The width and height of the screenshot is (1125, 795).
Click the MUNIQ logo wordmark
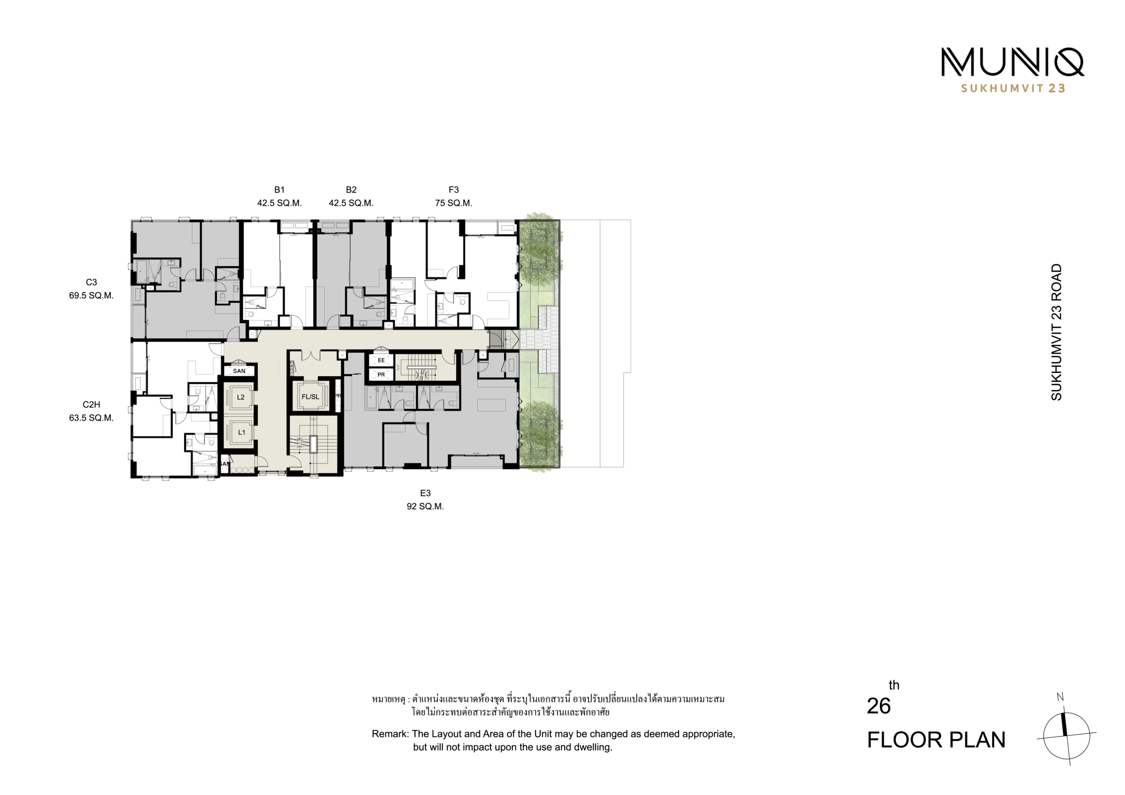pyautogui.click(x=1012, y=62)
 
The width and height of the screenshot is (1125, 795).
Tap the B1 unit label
pyautogui.click(x=279, y=190)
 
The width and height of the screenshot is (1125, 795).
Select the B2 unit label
pyautogui.click(x=351, y=190)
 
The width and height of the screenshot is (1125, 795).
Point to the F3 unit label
pyautogui.click(x=454, y=190)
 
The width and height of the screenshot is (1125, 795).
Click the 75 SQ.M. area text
pyautogui.click(x=454, y=203)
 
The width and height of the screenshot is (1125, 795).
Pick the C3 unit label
pyautogui.click(x=91, y=282)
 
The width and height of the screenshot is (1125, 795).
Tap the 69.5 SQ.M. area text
pyautogui.click(x=91, y=295)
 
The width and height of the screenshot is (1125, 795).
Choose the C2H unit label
pyautogui.click(x=91, y=405)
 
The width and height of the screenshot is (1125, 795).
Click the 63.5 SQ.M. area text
pyautogui.click(x=91, y=418)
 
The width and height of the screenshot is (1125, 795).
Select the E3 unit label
pyautogui.click(x=425, y=493)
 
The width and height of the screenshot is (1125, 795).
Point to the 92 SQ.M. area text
pyautogui.click(x=425, y=506)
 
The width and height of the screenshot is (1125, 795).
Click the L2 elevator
pyautogui.click(x=240, y=397)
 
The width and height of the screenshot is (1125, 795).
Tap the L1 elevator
pyautogui.click(x=241, y=433)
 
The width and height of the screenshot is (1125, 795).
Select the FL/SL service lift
pyautogui.click(x=310, y=397)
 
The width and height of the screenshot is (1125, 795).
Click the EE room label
pyautogui.click(x=381, y=361)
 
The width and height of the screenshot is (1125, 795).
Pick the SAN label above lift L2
pyautogui.click(x=239, y=371)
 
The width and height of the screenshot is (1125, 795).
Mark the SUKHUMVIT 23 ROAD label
pyautogui.click(x=1056, y=332)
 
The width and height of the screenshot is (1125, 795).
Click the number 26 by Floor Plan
pyautogui.click(x=878, y=706)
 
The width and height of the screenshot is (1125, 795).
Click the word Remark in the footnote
pyautogui.click(x=390, y=734)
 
